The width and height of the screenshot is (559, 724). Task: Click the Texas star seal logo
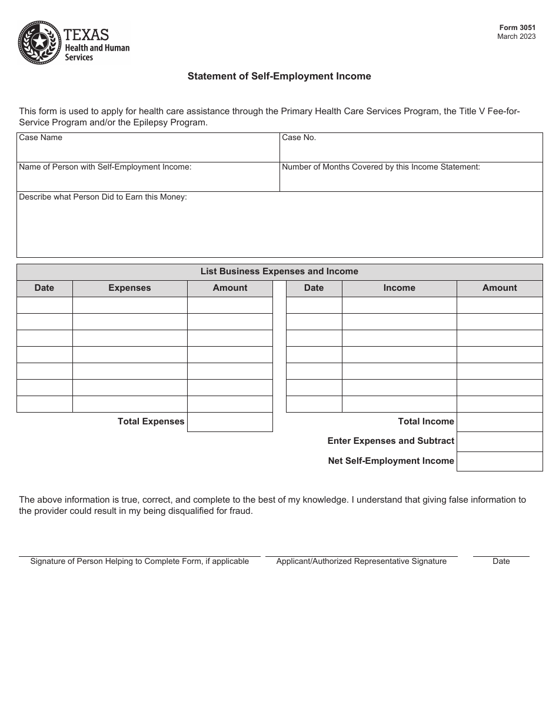pos(39,42)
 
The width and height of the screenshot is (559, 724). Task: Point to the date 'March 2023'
pos(516,36)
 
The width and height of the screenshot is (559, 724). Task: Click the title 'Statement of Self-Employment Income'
pos(279,76)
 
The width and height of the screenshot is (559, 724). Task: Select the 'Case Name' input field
pos(148,151)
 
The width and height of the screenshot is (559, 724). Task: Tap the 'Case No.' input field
pos(411,151)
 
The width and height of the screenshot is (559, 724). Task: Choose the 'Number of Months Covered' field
pos(411,180)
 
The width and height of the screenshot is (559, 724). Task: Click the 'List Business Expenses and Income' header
pos(279,272)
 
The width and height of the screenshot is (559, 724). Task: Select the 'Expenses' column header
pos(129,288)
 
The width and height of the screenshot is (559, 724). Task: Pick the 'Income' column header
pos(399,288)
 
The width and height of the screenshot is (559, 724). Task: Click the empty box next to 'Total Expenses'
pos(229,422)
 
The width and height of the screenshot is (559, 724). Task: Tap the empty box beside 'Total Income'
pos(499,422)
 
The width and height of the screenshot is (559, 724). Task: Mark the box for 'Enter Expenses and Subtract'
pos(499,441)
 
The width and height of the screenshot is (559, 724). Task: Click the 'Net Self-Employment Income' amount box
pos(499,461)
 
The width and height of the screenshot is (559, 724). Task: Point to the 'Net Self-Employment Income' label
pos(391,461)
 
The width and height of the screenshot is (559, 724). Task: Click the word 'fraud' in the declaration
pos(239,511)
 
